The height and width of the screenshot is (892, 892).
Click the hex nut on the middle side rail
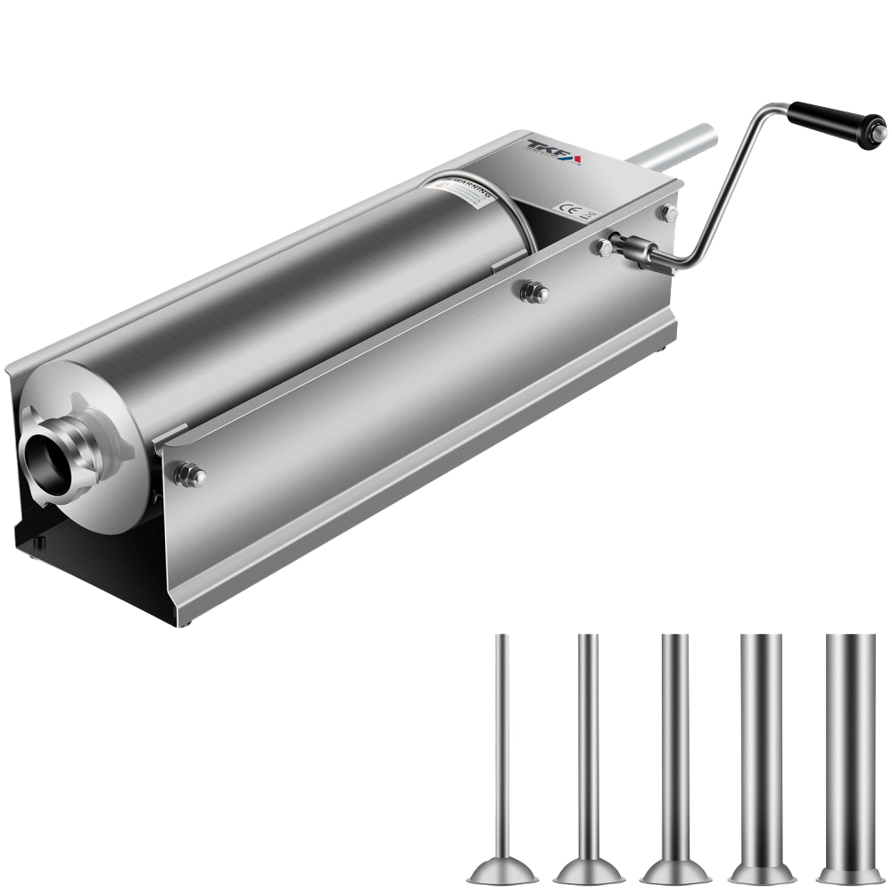coord(534,291)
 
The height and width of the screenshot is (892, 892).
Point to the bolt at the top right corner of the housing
coord(667,212)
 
